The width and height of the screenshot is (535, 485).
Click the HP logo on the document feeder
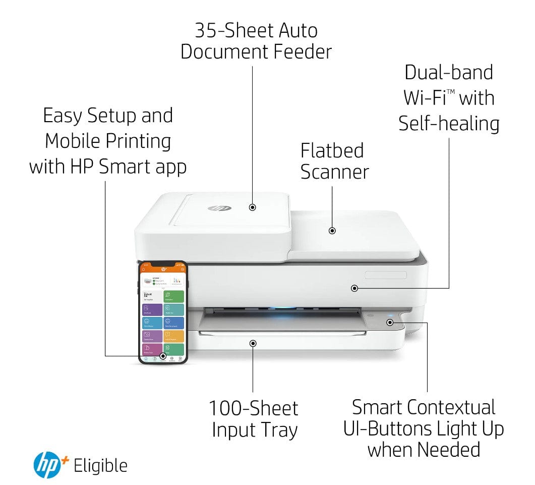[x=216, y=208]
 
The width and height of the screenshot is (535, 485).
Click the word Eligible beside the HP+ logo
[x=100, y=466]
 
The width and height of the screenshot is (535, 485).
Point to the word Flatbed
[x=332, y=150]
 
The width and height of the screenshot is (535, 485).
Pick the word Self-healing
[x=449, y=124]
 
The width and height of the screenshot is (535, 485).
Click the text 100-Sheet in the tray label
[x=254, y=408]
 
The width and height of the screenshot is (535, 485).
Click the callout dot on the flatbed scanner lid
[x=332, y=231]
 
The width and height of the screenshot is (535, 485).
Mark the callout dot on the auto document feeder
[x=253, y=207]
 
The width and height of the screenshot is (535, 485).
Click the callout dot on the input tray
[x=253, y=343]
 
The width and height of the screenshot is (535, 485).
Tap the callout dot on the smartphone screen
[x=163, y=356]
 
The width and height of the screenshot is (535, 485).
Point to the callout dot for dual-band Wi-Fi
[x=354, y=288]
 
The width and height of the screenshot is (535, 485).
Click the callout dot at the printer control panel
[x=389, y=321]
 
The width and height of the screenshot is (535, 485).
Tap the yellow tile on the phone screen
[x=174, y=336]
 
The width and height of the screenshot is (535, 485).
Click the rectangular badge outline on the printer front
[x=386, y=275]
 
